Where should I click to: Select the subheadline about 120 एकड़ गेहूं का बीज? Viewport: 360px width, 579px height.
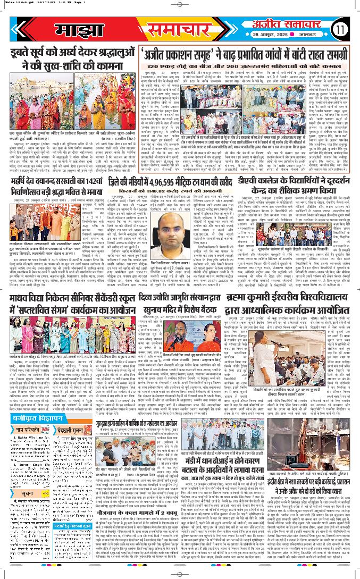[x=239, y=69]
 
